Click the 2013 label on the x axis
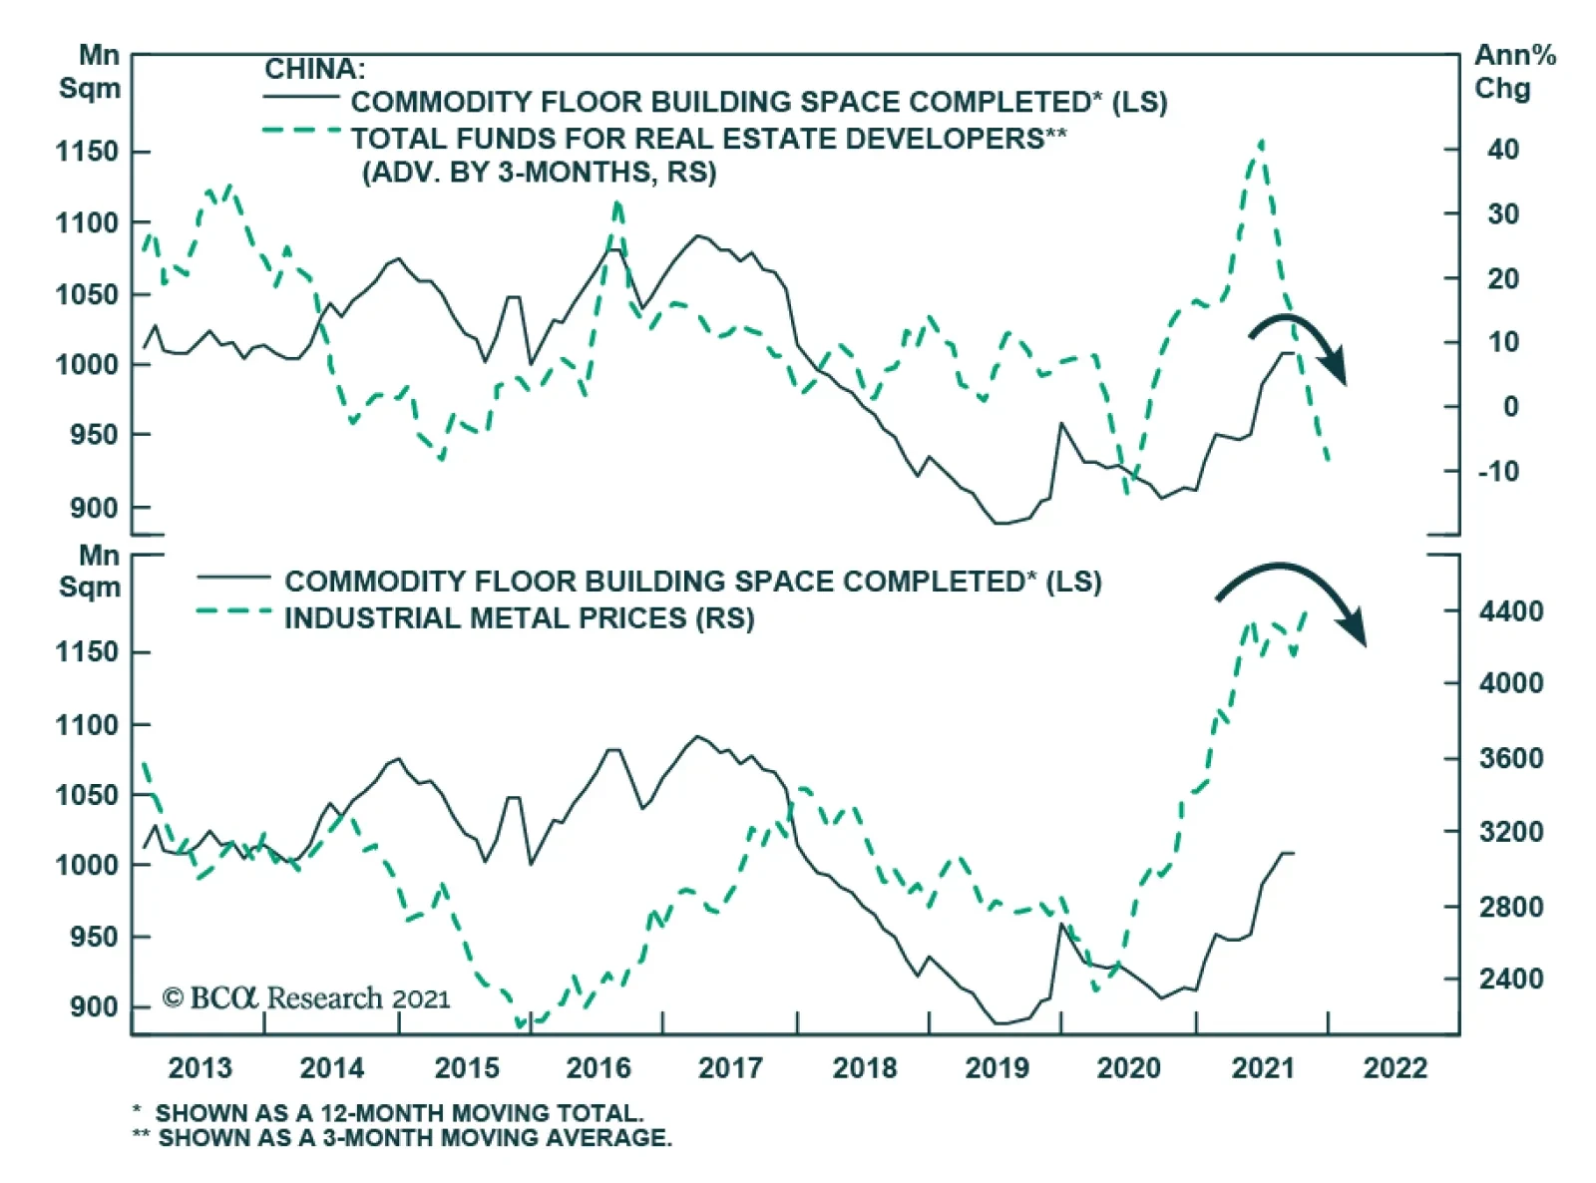199,1068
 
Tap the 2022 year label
1395,1068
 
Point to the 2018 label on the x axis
864,1068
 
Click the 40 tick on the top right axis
1502,150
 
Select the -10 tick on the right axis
1498,471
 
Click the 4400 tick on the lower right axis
1510,610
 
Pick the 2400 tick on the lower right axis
1510,979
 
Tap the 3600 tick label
1510,758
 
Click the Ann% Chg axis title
1514,72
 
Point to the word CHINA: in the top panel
314,69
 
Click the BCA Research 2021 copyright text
306,998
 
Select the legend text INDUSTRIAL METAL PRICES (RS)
519,618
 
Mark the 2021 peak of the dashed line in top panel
1262,143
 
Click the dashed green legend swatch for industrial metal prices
233,610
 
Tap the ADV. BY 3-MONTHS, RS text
539,173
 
